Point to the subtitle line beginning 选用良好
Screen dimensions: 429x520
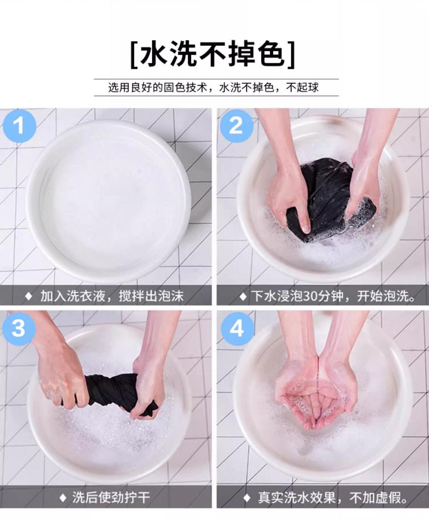(x=213, y=88)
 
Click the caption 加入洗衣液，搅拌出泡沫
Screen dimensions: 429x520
(x=112, y=296)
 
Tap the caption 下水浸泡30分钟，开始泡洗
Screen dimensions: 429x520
(x=333, y=296)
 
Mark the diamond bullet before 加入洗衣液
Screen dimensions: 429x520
(x=29, y=296)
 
